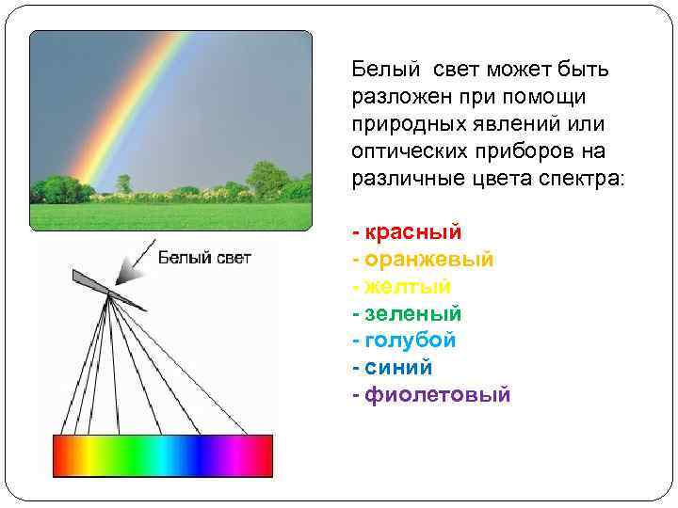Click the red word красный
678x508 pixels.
[413, 231]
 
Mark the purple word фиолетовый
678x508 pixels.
[437, 394]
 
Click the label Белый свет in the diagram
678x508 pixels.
[204, 258]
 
